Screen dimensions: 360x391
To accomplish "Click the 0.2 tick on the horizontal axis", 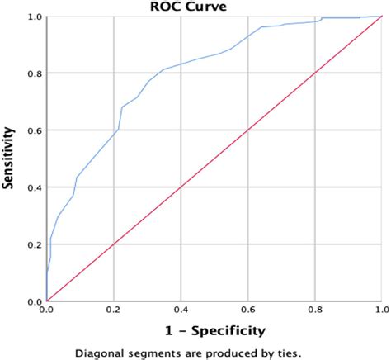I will (x=113, y=310).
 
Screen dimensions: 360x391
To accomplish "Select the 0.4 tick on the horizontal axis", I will (x=180, y=310).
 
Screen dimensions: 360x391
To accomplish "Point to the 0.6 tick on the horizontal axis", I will (x=247, y=310).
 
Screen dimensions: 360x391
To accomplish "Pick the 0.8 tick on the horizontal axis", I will (x=313, y=310).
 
